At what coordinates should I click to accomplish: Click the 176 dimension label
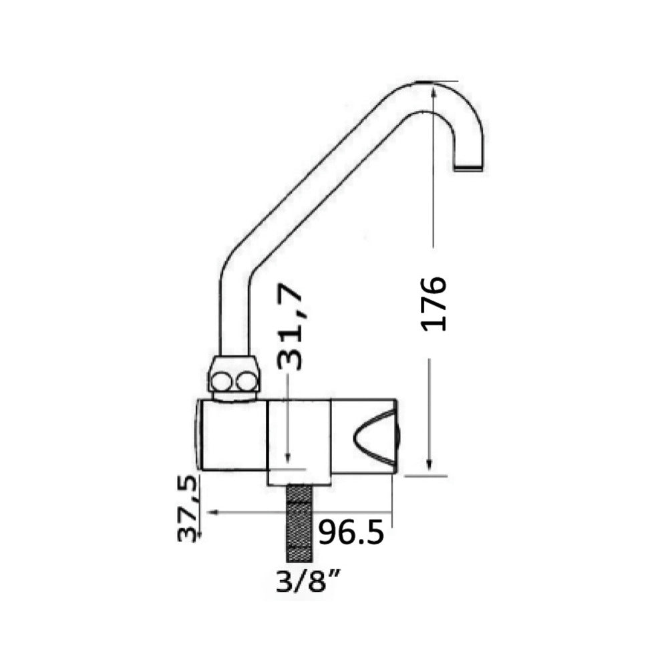pos(434,303)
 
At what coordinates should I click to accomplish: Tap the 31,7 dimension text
pos(290,326)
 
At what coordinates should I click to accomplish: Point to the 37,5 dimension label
pos(188,508)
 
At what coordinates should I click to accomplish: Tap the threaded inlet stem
pos(300,523)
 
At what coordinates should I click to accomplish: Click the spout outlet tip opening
pos(469,168)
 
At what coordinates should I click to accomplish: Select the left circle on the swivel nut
pos(220,381)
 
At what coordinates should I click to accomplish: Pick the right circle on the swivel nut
pos(245,381)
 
